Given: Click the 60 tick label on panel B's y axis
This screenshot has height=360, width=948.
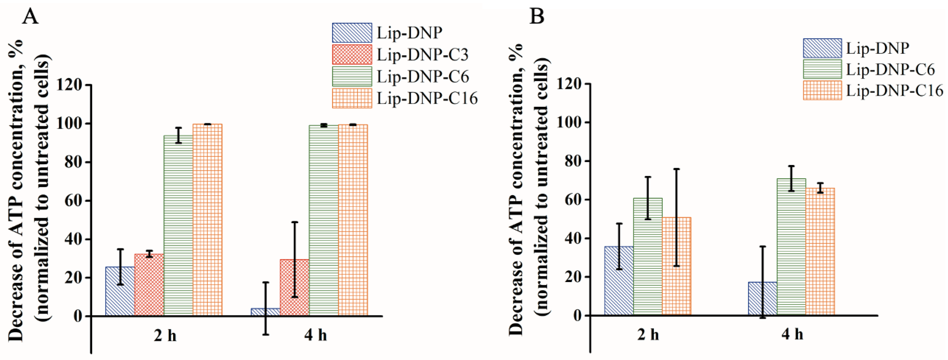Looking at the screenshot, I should (572, 200).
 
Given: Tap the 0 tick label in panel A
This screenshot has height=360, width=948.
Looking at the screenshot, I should (77, 316).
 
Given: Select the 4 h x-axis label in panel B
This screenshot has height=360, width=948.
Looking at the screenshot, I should (793, 334).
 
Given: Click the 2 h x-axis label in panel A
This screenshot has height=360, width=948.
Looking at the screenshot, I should (165, 336).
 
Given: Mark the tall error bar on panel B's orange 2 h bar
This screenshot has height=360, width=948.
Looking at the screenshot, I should (676, 217).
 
